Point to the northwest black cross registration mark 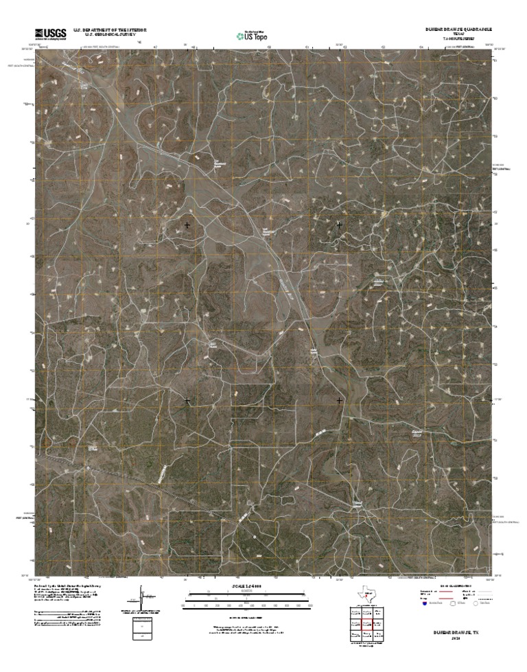pos(187,224)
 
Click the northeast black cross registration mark pos(339,224)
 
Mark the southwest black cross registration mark pos(187,399)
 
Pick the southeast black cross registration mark pos(339,399)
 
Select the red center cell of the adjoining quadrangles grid pos(367,624)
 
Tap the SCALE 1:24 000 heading pos(263,588)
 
